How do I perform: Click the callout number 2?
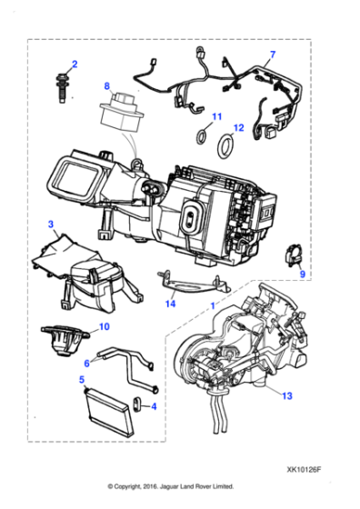coord(75,64)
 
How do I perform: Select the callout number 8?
coord(106,87)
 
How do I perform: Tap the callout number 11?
coord(216,117)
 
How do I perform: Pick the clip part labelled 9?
coord(295,254)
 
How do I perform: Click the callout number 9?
coord(305,274)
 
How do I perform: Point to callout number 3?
coord(51,224)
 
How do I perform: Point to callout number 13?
coord(288,395)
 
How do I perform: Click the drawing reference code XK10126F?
coord(305,471)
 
